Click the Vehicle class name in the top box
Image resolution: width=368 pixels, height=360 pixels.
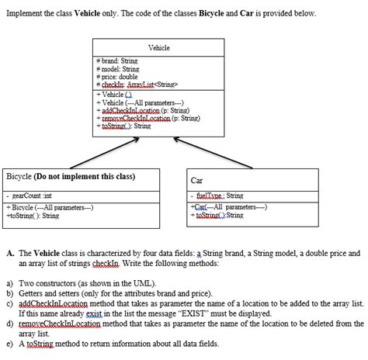(158, 48)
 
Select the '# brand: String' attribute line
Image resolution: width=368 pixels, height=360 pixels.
(118, 60)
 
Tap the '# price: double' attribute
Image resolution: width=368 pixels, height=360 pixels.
(119, 77)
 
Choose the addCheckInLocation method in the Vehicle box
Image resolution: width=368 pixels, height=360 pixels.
(141, 110)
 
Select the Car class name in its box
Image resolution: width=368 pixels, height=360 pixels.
(197, 180)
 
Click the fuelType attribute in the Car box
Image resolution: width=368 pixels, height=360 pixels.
(219, 197)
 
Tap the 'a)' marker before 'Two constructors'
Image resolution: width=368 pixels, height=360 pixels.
(10, 285)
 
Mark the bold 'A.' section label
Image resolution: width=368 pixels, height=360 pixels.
(9, 253)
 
